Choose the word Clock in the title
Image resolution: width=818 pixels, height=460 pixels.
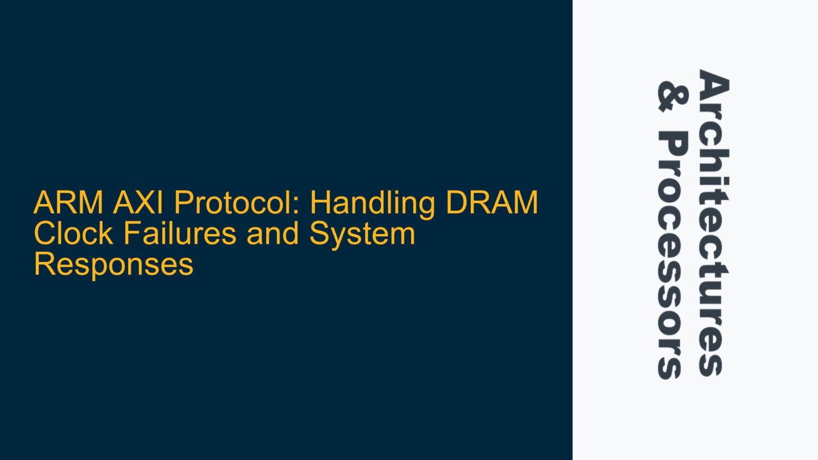(73, 234)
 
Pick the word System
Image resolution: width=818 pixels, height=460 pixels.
(362, 234)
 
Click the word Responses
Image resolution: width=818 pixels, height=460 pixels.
(113, 264)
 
